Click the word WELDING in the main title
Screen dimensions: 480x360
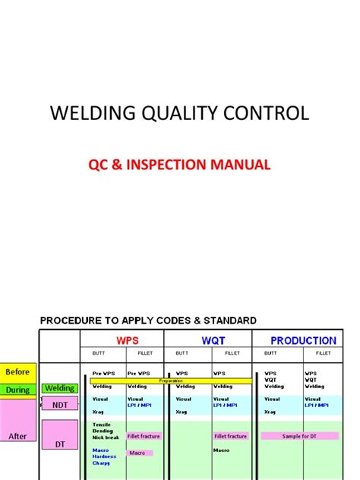point(85,114)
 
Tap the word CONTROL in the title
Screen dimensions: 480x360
point(265,114)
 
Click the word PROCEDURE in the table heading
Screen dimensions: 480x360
point(73,320)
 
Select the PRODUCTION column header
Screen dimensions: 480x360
point(302,340)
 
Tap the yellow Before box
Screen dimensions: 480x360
point(17,372)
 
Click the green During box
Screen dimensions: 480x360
point(17,390)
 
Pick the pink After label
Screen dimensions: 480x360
point(17,437)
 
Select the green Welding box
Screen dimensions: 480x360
point(58,389)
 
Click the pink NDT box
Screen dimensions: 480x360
point(58,405)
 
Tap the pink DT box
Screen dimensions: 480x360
point(58,444)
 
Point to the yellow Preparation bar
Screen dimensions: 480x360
point(171,381)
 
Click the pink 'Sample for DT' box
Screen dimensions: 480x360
point(299,436)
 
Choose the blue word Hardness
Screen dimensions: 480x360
point(105,456)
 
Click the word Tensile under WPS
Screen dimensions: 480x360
point(103,423)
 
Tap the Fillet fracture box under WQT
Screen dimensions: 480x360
point(230,436)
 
